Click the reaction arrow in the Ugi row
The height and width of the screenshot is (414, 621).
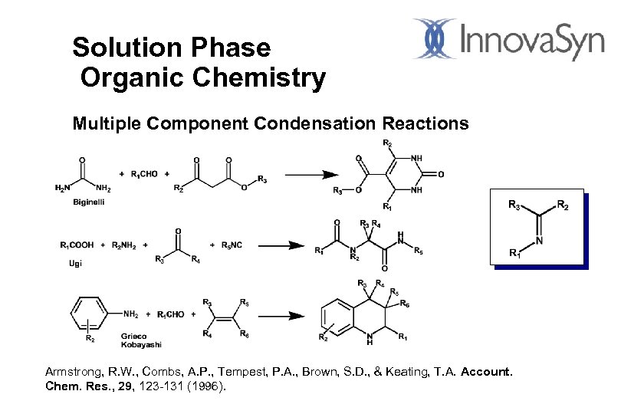[x=284, y=245]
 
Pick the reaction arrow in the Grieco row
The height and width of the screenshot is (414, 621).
[x=284, y=315]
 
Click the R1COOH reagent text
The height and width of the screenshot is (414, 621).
[x=77, y=245]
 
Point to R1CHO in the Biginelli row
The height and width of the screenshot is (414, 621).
[x=142, y=174]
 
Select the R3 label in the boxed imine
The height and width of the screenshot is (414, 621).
[x=517, y=205]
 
